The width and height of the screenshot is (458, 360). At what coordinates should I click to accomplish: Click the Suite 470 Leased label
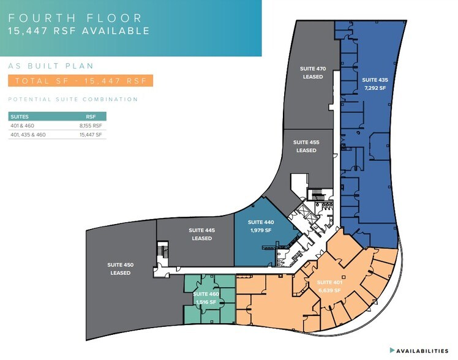pyautogui.click(x=311, y=73)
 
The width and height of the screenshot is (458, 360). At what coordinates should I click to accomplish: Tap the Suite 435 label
pyautogui.click(x=374, y=80)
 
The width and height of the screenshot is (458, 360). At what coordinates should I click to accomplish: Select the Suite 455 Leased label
pyautogui.click(x=306, y=146)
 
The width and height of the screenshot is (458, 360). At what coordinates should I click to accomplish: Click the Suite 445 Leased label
pyautogui.click(x=201, y=234)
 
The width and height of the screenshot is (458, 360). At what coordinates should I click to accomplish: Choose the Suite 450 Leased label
pyautogui.click(x=121, y=268)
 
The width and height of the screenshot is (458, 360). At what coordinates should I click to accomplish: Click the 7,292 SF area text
pyautogui.click(x=374, y=88)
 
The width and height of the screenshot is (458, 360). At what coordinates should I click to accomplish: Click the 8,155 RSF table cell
pyautogui.click(x=91, y=126)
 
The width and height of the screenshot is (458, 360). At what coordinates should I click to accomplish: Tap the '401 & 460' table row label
pyautogui.click(x=21, y=126)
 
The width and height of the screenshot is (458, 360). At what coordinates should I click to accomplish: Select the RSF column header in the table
pyautogui.click(x=91, y=116)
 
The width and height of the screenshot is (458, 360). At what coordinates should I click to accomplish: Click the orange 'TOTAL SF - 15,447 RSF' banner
pyautogui.click(x=80, y=81)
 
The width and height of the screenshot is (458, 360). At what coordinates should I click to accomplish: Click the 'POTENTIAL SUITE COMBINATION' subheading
pyautogui.click(x=73, y=99)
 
